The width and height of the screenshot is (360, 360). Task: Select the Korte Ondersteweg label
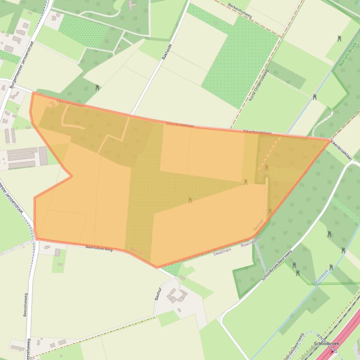pos(258,86)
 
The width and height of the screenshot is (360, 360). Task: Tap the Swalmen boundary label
pos(222,252)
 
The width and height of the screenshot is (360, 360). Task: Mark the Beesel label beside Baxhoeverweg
pos(136,251)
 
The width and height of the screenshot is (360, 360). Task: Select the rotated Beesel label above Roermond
pos(258,224)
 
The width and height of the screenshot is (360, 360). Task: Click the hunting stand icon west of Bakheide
pos(97,87)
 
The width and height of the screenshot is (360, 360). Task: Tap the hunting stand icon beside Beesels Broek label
pos(339,39)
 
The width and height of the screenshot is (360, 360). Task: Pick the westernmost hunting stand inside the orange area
pos(190,200)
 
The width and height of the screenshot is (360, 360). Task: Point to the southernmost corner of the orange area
pos(157,268)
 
